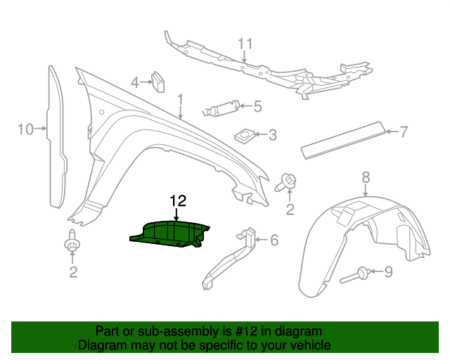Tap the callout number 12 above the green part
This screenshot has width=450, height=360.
(x=177, y=200)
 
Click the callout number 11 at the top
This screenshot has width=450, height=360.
(x=244, y=44)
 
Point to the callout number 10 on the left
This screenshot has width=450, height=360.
(x=25, y=129)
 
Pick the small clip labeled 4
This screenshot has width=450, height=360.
(x=159, y=82)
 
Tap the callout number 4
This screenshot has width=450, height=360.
(x=135, y=83)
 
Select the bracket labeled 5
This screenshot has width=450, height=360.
(x=219, y=108)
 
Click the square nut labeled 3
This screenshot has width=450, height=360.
(x=243, y=134)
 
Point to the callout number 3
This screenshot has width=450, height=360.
(x=272, y=134)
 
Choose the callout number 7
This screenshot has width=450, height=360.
(x=404, y=131)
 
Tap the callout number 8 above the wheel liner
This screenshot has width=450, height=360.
(x=366, y=176)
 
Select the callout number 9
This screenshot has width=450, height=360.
(x=388, y=271)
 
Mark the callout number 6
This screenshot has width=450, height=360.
(x=274, y=240)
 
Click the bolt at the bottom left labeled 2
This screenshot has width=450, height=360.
(x=71, y=243)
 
